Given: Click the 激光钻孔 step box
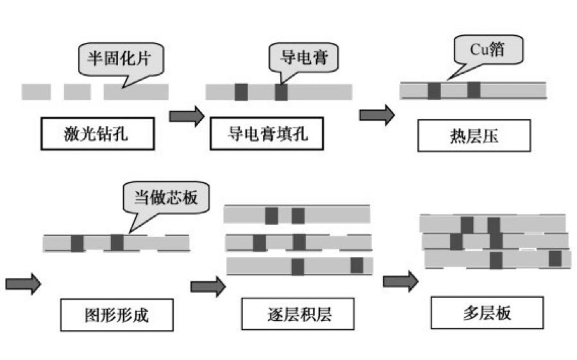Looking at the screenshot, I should click(x=97, y=134).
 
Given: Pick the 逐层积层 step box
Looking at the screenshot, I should click(x=299, y=314).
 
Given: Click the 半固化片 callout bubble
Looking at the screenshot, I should click(x=121, y=60).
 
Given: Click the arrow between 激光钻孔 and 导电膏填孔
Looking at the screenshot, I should click(x=186, y=116).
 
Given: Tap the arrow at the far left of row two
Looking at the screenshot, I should click(x=23, y=282).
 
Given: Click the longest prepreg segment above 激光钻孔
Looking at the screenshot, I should click(x=136, y=92).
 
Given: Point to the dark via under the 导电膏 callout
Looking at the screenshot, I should click(x=281, y=92).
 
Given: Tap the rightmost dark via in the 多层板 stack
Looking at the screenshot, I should click(x=555, y=259).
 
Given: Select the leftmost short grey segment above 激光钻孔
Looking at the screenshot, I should click(x=36, y=92).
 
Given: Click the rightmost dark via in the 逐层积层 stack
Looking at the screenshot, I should click(x=356, y=265).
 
